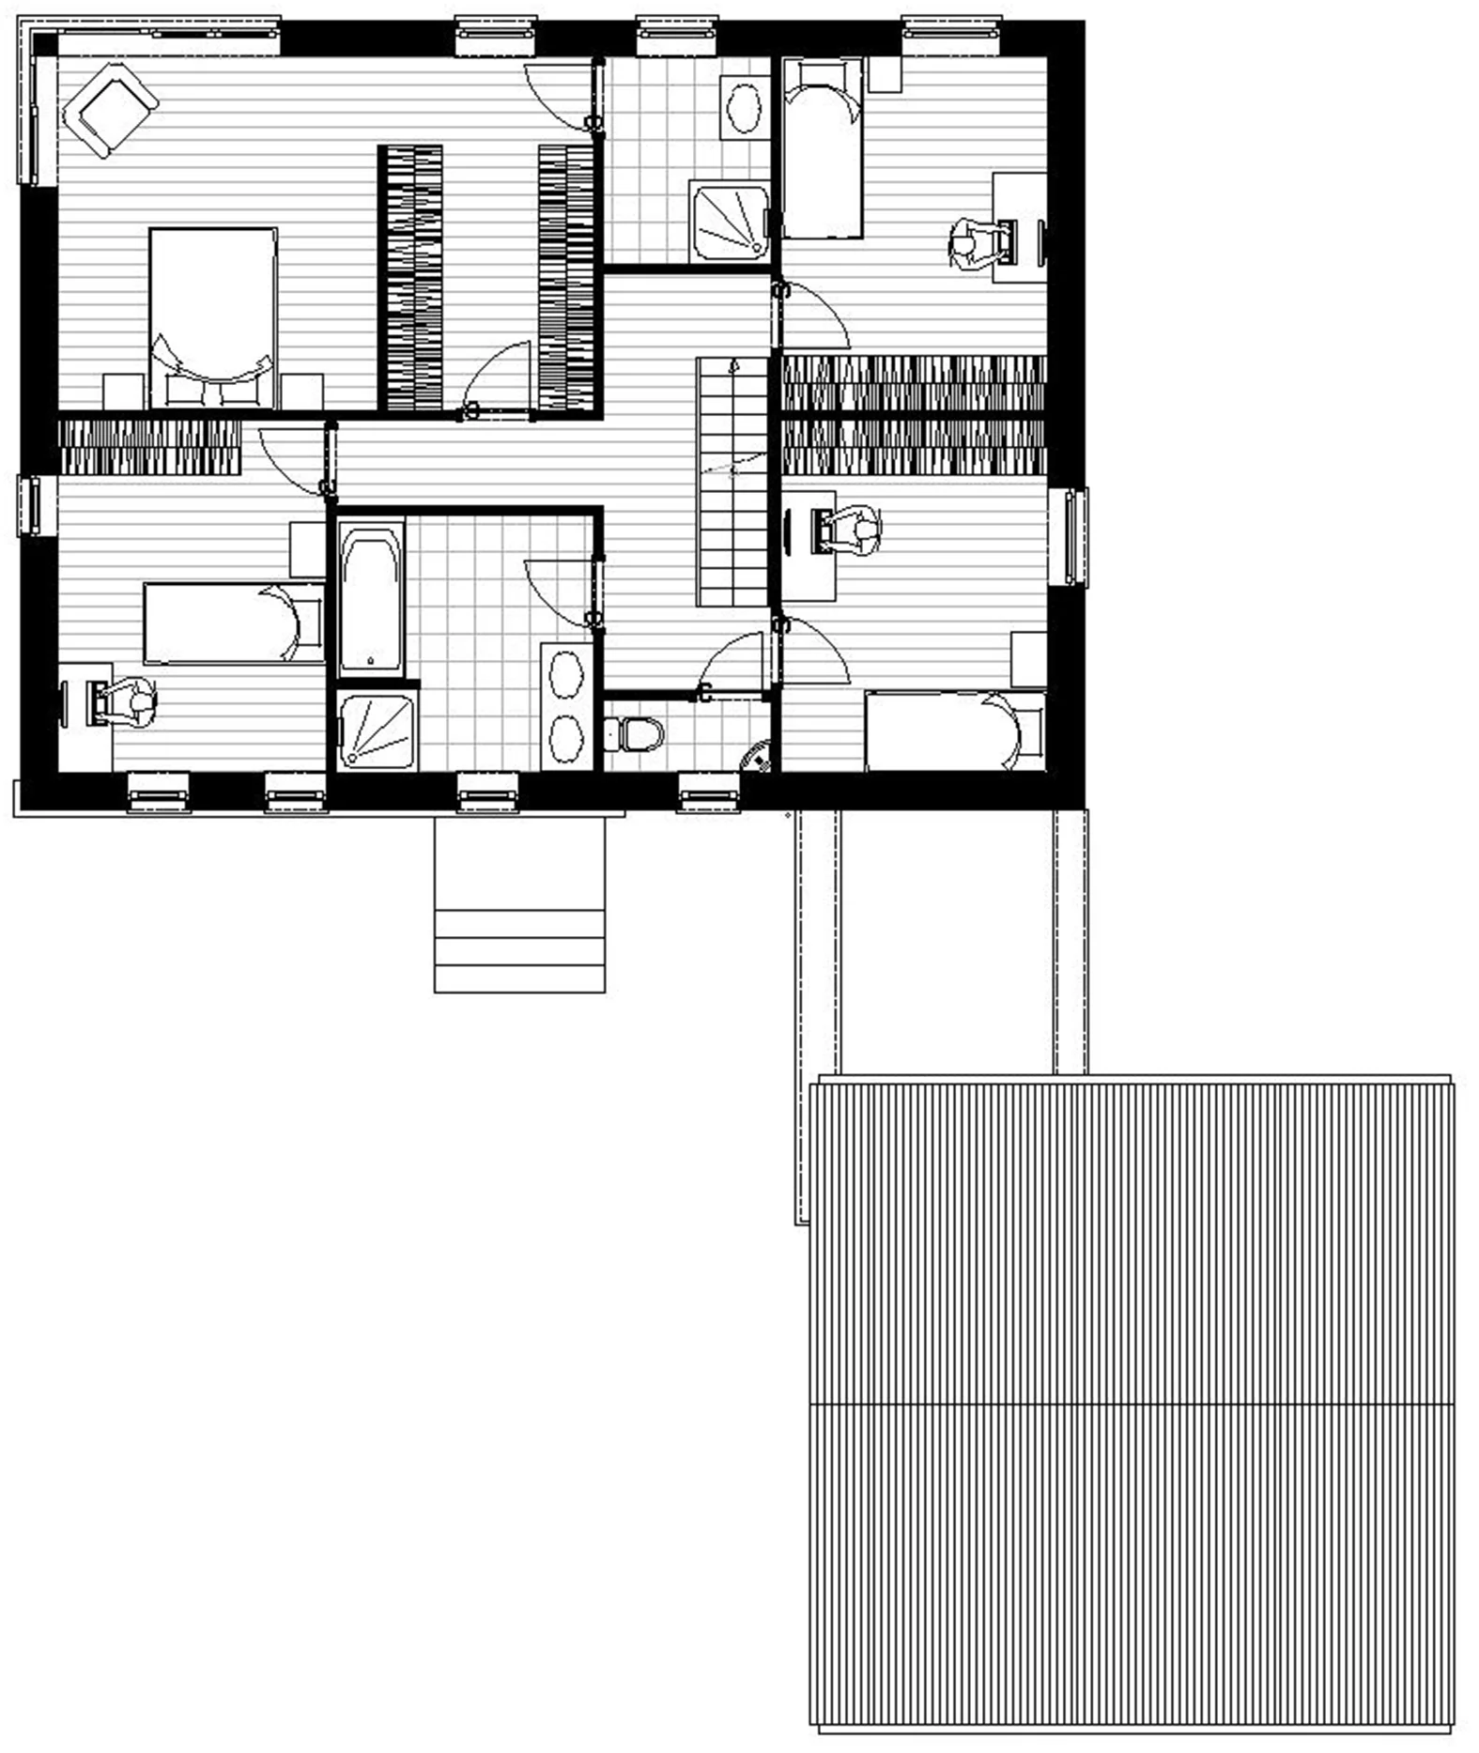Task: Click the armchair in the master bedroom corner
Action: (x=109, y=110)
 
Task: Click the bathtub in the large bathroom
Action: (x=372, y=597)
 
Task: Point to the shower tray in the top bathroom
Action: (x=729, y=222)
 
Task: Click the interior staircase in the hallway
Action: (x=732, y=481)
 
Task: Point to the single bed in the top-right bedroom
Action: (x=822, y=146)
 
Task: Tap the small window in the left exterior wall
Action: (x=29, y=505)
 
